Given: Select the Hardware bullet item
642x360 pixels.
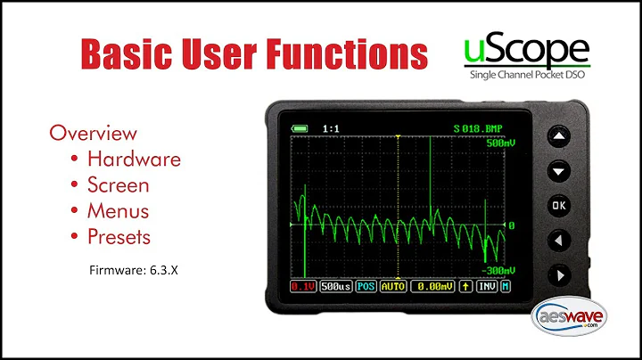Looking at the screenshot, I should tap(133, 160).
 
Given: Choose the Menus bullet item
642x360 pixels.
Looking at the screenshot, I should tap(118, 211).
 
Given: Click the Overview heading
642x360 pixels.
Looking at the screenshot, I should tap(93, 134).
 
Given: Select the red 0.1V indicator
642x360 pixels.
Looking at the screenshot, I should tap(302, 286).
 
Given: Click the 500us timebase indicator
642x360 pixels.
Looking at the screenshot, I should tap(335, 286).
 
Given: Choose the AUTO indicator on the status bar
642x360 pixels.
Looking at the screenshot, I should tap(392, 286).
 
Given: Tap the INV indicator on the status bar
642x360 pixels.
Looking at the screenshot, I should tap(485, 286).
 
